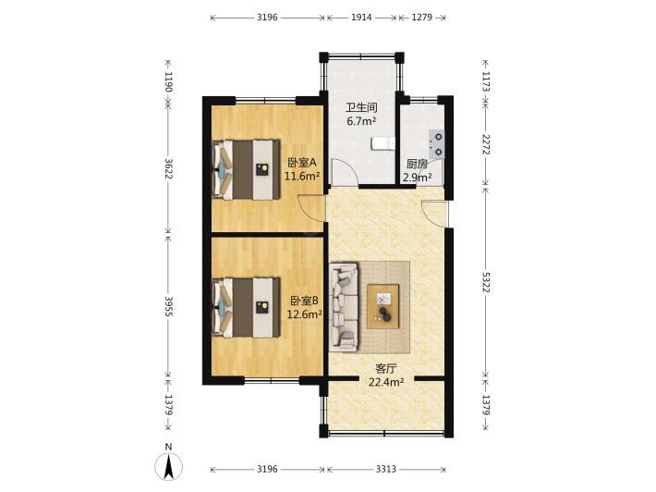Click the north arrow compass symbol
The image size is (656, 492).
point(168,466)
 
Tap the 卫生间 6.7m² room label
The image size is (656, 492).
point(361,115)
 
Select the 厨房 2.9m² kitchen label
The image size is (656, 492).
point(417,170)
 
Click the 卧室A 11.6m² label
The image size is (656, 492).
point(301,168)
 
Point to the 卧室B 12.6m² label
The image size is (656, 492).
point(304,307)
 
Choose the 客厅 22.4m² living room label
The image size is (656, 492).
point(385,375)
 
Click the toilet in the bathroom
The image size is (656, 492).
point(383,142)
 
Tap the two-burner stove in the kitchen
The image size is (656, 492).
point(436,143)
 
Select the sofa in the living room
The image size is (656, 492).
point(344,307)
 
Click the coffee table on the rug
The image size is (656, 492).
point(383,306)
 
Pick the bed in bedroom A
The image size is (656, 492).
point(246,169)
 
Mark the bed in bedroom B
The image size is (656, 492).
point(246,308)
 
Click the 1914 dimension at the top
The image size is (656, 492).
point(361,18)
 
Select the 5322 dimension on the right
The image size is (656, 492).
point(486,282)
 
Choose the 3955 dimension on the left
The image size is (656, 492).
point(168,306)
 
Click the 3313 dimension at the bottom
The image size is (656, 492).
point(385,469)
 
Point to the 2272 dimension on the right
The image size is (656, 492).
point(486,144)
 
